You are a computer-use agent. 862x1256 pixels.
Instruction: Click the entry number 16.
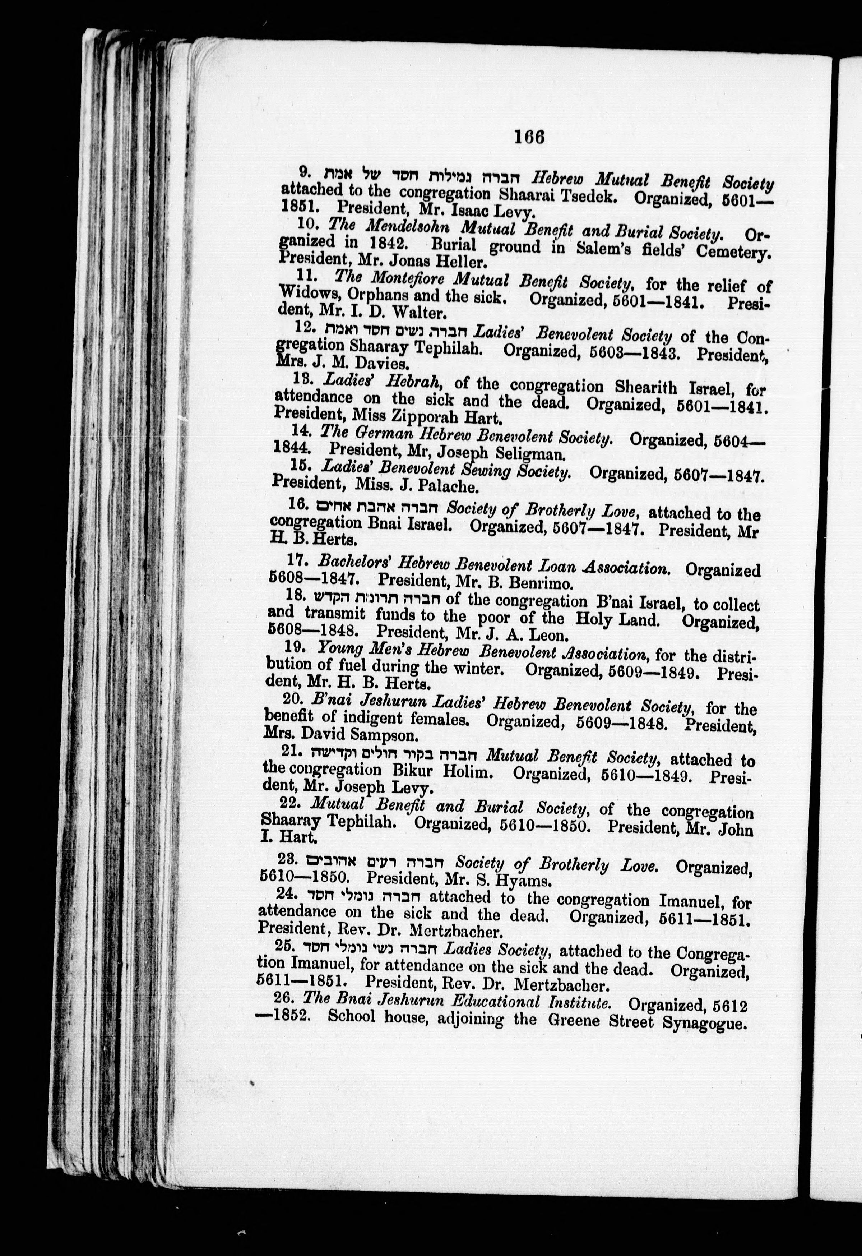(x=298, y=504)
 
